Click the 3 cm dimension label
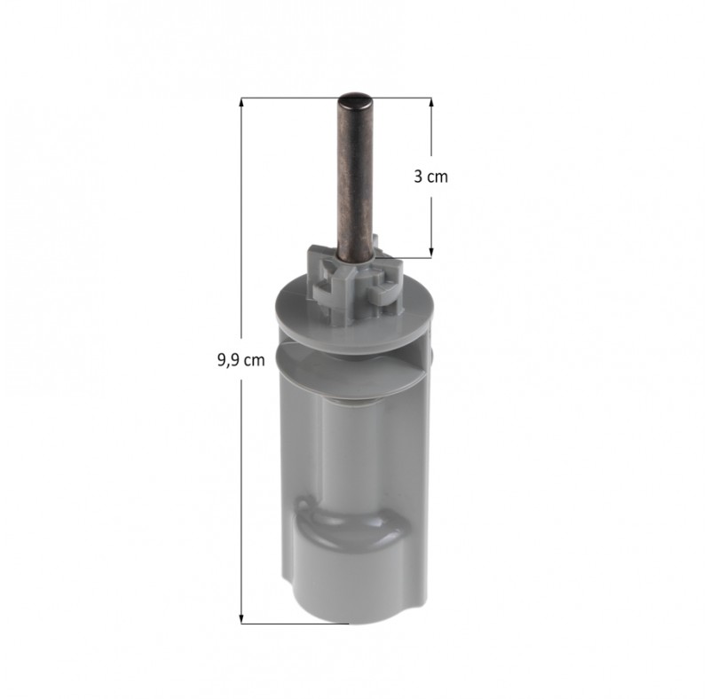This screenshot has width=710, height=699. click(x=430, y=177)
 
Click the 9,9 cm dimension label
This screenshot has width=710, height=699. click(x=241, y=360)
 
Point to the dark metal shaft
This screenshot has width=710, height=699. click(x=355, y=177)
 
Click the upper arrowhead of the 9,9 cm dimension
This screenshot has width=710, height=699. click(x=241, y=102)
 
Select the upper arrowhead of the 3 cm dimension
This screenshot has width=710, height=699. click(x=431, y=102)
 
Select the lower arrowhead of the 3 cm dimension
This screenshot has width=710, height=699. click(x=431, y=253)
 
